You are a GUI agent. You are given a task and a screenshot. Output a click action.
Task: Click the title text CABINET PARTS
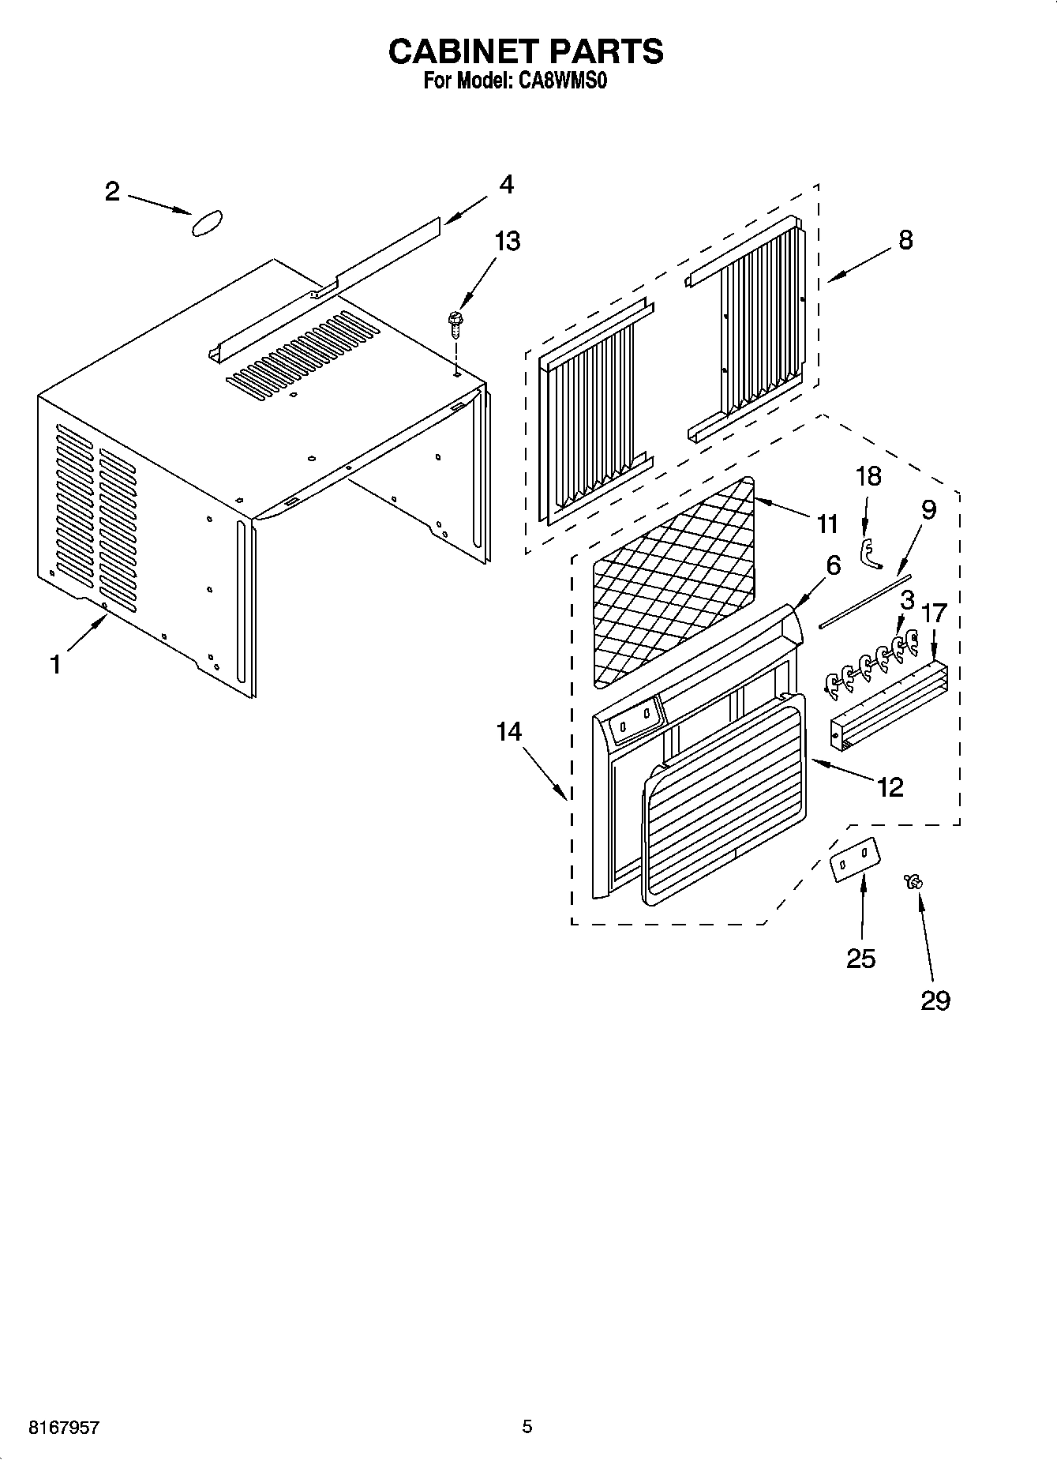pos(526,51)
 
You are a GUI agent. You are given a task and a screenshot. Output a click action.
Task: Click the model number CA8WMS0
pos(561,81)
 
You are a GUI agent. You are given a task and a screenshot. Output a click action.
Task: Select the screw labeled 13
pos(454,323)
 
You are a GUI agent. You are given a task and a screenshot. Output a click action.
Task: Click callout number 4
pos(506,185)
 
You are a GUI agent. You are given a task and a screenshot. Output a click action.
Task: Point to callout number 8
pos(905,240)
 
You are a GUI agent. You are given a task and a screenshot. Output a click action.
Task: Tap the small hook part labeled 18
pos(869,553)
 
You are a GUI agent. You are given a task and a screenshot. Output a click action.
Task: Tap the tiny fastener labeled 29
pos(916,882)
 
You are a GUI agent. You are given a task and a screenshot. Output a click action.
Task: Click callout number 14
pos(509,732)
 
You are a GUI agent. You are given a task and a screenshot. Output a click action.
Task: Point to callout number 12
pos(890,787)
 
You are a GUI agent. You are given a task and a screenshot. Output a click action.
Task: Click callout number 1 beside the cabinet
pos(55,665)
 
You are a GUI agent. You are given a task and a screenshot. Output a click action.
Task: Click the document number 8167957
pos(63,1428)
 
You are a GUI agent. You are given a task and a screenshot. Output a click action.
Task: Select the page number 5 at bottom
pos(527,1426)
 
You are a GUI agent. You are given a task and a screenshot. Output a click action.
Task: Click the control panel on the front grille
pos(635,716)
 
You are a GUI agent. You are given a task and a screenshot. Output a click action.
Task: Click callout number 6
pos(833,565)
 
